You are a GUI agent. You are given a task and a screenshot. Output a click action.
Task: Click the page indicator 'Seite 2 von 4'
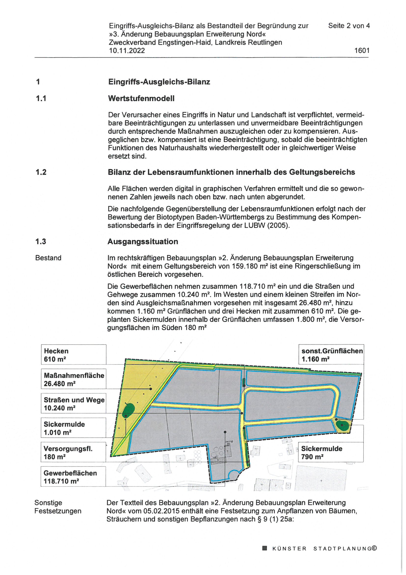coord(349,26)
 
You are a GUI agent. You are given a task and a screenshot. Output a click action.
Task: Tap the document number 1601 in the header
coord(362,51)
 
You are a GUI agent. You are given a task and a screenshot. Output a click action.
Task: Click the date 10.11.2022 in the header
coord(127,51)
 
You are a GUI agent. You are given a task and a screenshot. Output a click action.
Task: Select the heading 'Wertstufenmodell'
coord(141,98)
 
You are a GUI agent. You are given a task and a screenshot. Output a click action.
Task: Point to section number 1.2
coord(41,172)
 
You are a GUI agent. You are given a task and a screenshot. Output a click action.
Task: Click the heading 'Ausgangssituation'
coord(143,242)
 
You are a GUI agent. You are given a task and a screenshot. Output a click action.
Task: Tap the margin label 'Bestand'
coord(48,258)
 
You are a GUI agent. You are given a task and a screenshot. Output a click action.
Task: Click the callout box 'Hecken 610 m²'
coord(73,355)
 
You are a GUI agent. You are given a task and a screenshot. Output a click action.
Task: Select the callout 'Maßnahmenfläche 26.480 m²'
coord(73,379)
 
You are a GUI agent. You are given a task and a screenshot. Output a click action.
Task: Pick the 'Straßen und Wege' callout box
coord(73,403)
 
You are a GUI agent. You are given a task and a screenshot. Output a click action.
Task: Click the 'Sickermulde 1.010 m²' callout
coord(73,428)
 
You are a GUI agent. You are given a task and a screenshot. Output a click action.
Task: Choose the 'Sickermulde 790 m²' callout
coord(331,452)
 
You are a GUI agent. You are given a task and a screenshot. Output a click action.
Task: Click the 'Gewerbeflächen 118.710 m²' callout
coord(73,477)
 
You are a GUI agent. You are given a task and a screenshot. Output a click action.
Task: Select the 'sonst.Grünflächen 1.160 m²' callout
coord(331,355)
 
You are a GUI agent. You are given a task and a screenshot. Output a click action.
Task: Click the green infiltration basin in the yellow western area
coord(129,409)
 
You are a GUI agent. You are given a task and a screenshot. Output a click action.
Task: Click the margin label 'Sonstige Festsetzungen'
coord(58,507)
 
